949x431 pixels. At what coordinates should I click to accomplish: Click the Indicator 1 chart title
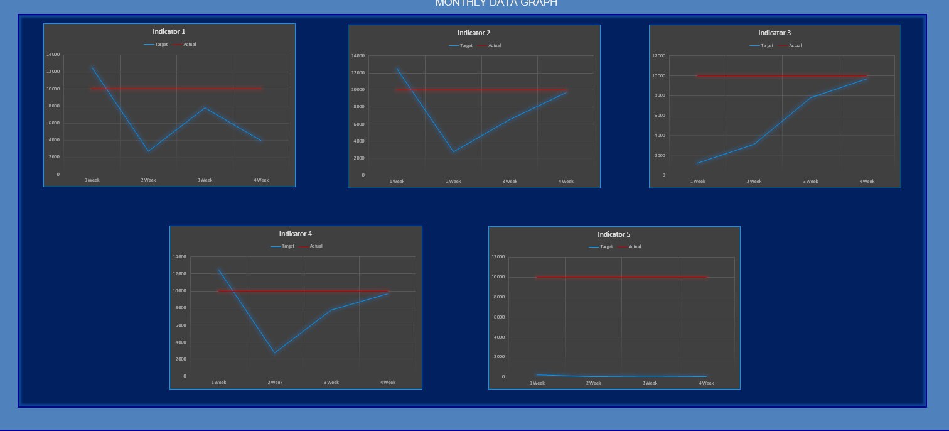click(x=169, y=31)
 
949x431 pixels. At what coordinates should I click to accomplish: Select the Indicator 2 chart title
click(x=474, y=33)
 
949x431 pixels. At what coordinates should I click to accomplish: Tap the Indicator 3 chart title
click(x=775, y=33)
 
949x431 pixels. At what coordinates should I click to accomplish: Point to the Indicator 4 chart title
click(x=296, y=234)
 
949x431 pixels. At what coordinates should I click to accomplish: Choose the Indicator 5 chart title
click(x=614, y=234)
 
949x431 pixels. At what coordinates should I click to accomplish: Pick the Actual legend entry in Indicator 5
click(x=635, y=247)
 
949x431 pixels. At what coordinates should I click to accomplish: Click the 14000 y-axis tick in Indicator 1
click(x=53, y=55)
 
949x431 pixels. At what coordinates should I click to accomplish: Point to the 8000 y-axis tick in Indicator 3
click(x=659, y=95)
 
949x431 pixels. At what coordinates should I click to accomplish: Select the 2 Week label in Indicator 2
click(x=453, y=182)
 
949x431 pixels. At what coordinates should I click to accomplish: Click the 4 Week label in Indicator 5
click(x=706, y=383)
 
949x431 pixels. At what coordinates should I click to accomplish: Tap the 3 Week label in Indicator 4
click(x=331, y=383)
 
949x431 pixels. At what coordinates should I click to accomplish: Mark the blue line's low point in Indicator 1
click(x=149, y=151)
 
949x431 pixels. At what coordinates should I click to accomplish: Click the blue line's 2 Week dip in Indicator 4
click(x=274, y=353)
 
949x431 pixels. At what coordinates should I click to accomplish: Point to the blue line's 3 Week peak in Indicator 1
click(x=205, y=107)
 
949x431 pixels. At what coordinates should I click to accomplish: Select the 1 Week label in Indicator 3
click(x=697, y=182)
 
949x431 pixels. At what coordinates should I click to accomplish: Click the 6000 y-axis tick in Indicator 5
click(x=500, y=317)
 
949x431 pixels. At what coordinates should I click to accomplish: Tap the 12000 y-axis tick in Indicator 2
click(x=357, y=73)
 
